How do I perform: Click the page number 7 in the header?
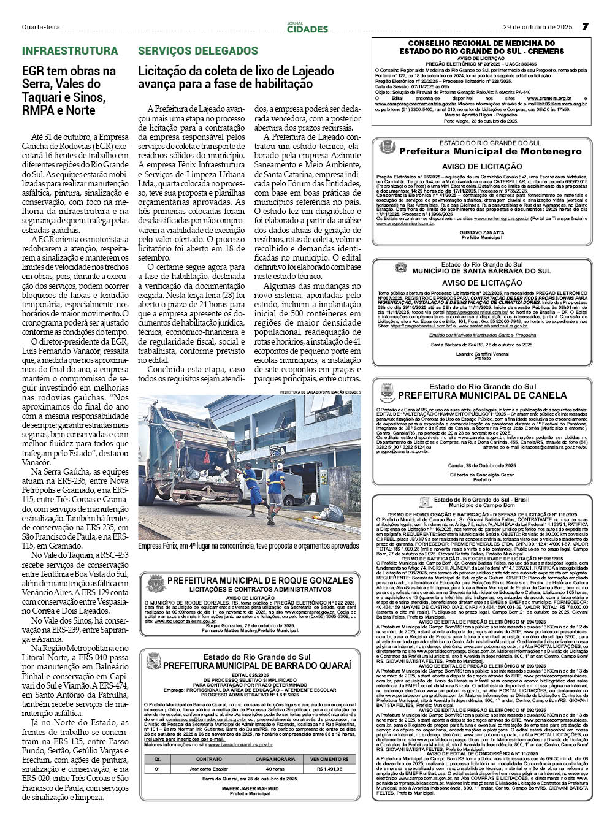[585, 27]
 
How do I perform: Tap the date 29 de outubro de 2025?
[538, 28]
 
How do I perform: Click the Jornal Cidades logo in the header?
[307, 28]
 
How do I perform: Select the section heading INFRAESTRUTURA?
[70, 51]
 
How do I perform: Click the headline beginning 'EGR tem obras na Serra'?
[69, 91]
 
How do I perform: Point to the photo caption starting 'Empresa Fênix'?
[248, 546]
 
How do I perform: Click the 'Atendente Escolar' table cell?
[209, 769]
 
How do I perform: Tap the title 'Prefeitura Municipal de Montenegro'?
[490, 151]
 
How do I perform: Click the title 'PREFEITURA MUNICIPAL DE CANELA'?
[482, 395]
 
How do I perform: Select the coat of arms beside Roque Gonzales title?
[155, 584]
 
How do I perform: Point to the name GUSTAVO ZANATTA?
[482, 232]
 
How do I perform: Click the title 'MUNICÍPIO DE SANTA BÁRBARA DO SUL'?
[481, 271]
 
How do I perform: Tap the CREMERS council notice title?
[482, 48]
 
